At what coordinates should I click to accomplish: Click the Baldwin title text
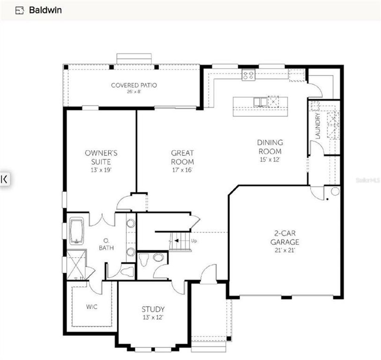[45, 10]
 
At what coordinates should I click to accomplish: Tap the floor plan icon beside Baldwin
[19, 10]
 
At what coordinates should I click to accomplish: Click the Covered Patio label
[134, 85]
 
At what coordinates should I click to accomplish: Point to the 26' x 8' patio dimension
[134, 92]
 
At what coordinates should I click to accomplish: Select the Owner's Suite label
[101, 157]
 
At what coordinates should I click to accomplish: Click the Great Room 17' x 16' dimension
[182, 170]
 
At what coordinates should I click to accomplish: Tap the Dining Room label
[270, 147]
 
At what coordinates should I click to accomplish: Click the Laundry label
[318, 125]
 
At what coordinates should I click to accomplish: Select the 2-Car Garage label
[285, 238]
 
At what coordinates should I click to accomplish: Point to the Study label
[153, 309]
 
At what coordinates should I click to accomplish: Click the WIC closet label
[92, 307]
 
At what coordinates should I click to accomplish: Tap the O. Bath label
[106, 244]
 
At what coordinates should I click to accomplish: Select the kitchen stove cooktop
[248, 75]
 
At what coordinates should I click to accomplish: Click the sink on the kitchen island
[260, 102]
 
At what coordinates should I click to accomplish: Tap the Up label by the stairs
[194, 241]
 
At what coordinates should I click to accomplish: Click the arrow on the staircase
[177, 241]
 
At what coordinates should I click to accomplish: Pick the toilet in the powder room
[144, 260]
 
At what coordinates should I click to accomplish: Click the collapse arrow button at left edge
[4, 179]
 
